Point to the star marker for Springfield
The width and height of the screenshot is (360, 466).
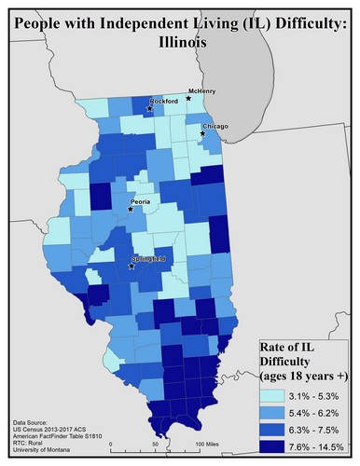[x=131, y=266]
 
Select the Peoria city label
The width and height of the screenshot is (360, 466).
[x=142, y=200]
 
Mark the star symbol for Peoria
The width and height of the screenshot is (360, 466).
[x=130, y=209]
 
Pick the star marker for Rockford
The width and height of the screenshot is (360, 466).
[x=148, y=109]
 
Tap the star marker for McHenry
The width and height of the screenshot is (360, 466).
[x=188, y=97]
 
